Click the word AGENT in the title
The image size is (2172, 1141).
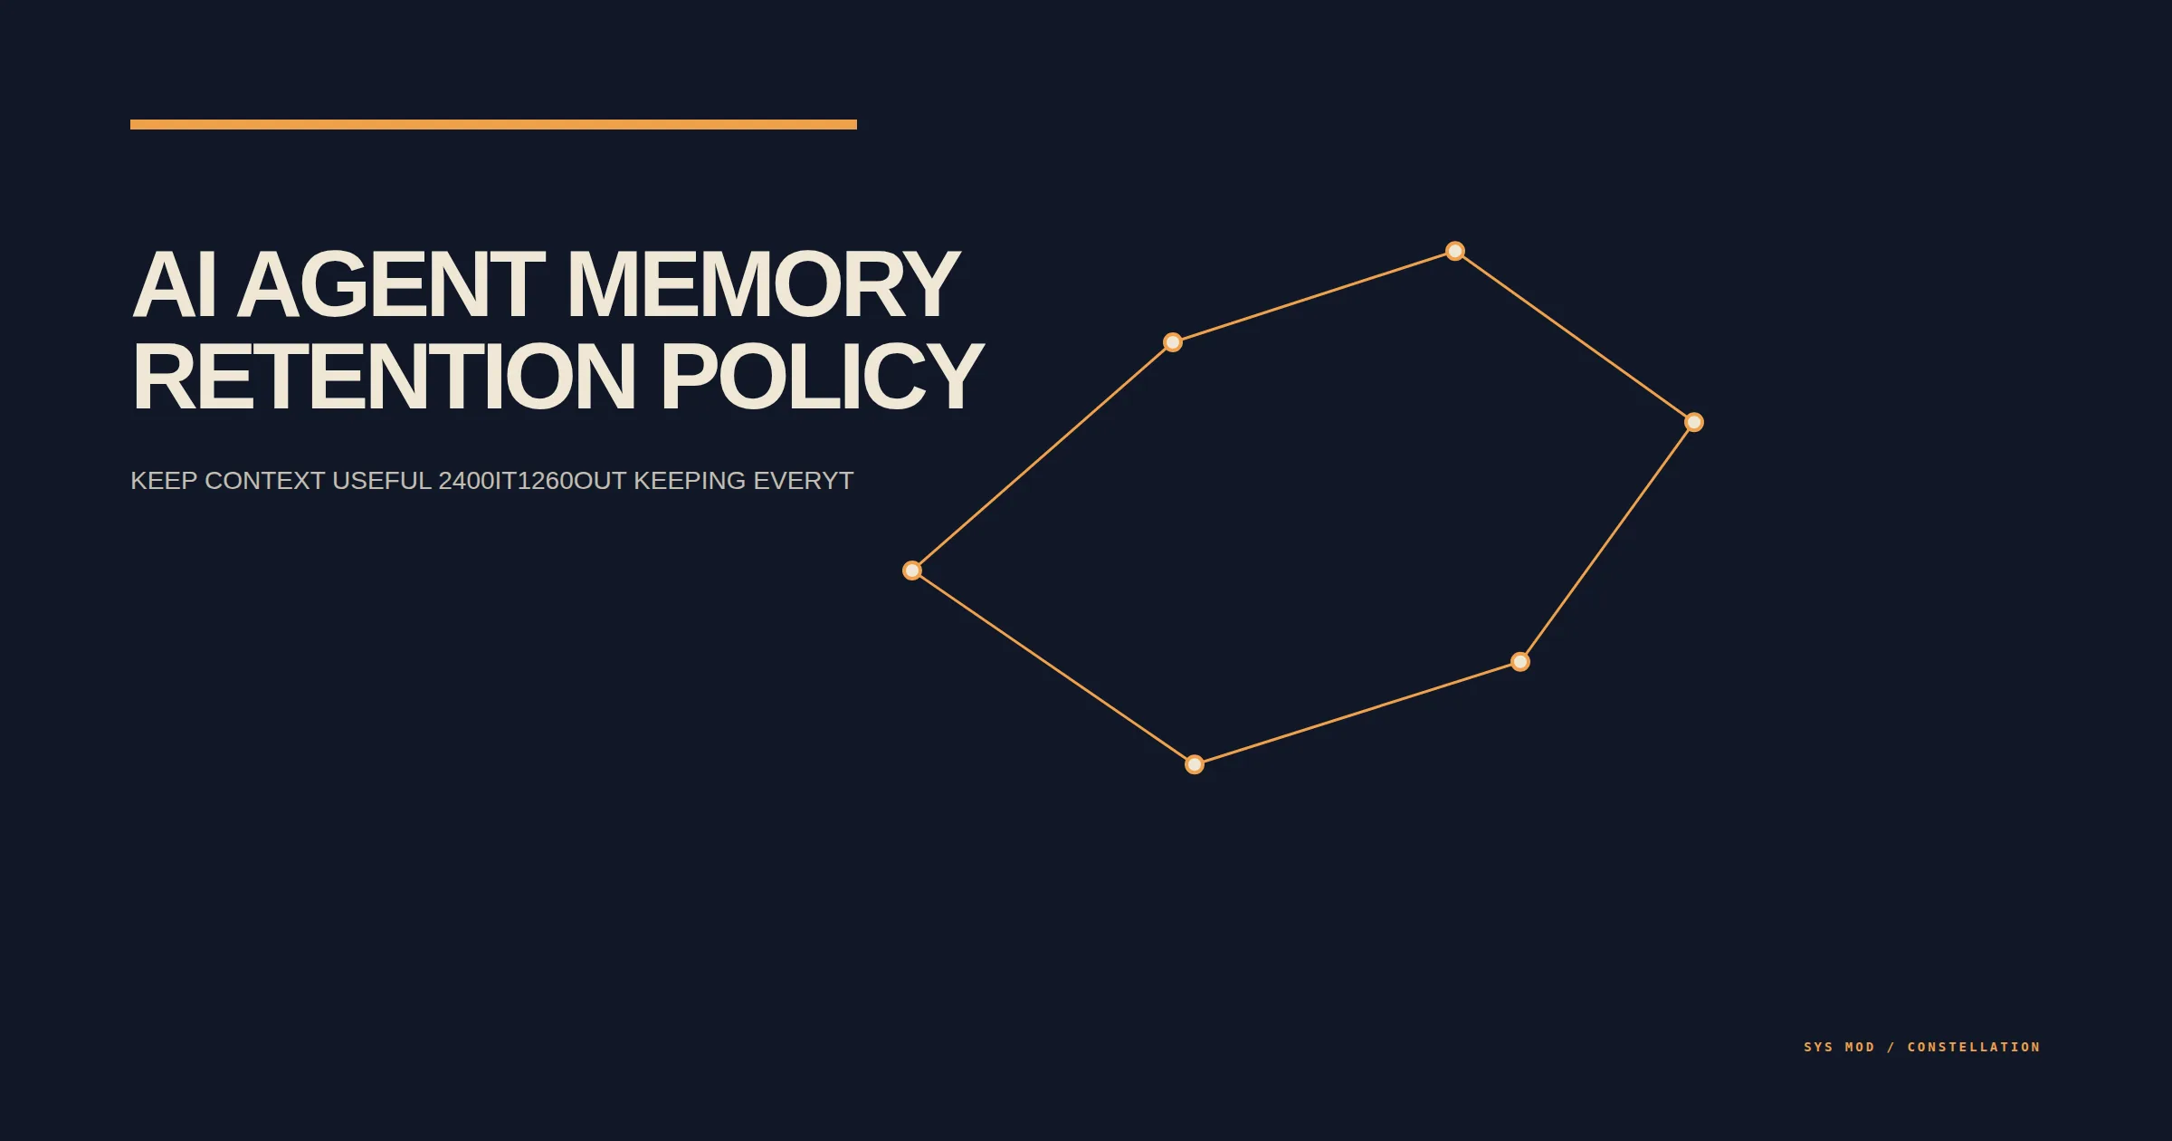click(391, 284)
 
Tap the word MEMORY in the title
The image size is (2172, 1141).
click(763, 284)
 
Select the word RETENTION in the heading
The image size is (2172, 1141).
click(385, 376)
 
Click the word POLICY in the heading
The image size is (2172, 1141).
click(822, 376)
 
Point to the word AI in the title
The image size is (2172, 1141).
click(174, 284)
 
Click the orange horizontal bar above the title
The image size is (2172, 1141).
click(493, 125)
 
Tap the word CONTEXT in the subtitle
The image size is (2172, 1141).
click(264, 481)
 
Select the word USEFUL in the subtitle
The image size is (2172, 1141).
click(382, 481)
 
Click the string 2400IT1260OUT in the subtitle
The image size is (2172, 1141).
click(532, 481)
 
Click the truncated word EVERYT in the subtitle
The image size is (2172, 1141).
click(804, 481)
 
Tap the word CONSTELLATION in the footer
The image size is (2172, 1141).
click(1974, 1047)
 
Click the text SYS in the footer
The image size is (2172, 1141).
click(1818, 1047)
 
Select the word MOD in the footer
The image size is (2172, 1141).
click(1860, 1047)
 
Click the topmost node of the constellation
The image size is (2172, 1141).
click(1455, 251)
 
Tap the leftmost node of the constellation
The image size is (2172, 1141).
click(912, 570)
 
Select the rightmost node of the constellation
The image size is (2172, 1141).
click(1694, 422)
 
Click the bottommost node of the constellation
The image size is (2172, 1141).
click(1195, 764)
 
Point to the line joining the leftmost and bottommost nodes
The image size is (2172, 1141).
click(1053, 667)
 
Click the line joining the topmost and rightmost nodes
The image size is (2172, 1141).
click(1575, 337)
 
